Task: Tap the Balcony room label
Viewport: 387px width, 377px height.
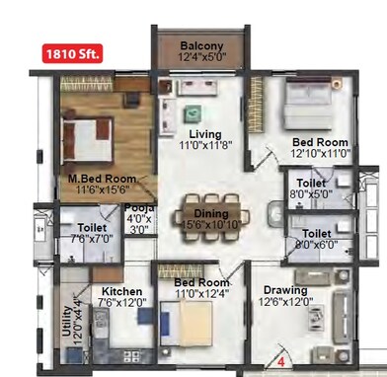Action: pos(201,46)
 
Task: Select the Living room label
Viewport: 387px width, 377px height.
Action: pos(204,134)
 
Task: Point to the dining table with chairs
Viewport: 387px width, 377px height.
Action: pos(207,210)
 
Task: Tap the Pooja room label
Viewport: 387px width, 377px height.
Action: pos(139,208)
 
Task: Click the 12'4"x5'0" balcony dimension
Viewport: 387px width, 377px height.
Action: pos(201,58)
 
